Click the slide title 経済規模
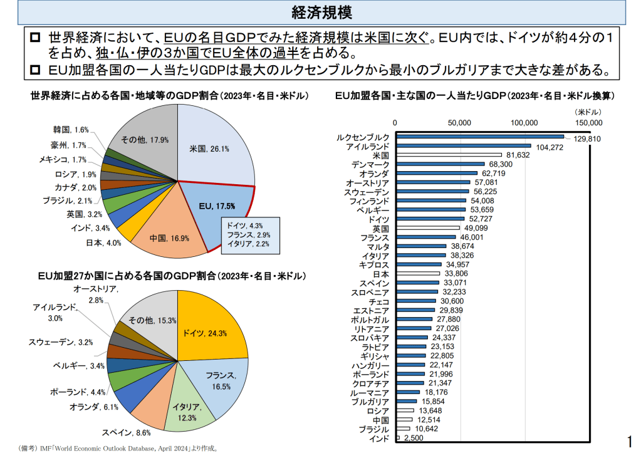click(320, 12)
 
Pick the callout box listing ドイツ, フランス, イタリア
click(250, 235)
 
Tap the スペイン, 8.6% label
click(126, 432)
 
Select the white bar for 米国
click(449, 155)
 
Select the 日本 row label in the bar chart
click(380, 274)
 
